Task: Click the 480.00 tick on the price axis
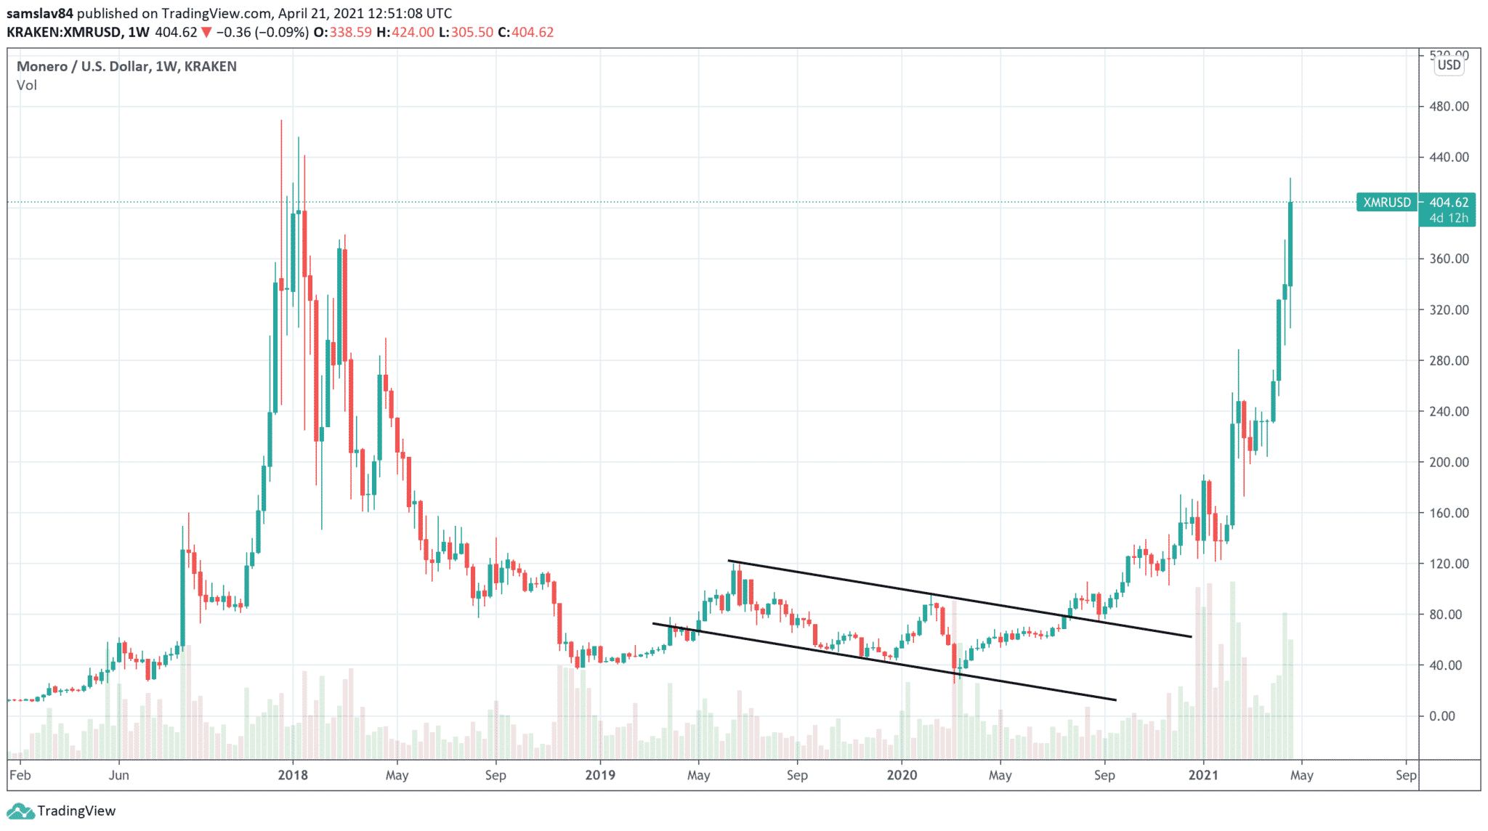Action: click(1448, 106)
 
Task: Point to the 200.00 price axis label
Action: click(1448, 462)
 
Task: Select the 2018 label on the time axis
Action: click(293, 775)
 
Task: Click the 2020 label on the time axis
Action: click(902, 775)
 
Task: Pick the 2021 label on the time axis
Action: click(1203, 775)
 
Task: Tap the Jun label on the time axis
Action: click(118, 775)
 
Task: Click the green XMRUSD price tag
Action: click(1386, 203)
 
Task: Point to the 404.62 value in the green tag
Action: click(1448, 203)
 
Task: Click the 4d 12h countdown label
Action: click(1448, 218)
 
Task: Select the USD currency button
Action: click(1449, 65)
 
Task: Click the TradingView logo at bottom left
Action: click(62, 811)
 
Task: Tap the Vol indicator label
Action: click(27, 85)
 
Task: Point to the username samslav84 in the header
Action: click(40, 13)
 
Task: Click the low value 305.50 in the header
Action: click(472, 32)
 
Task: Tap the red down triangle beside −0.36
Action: click(207, 32)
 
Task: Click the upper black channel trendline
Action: click(959, 599)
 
